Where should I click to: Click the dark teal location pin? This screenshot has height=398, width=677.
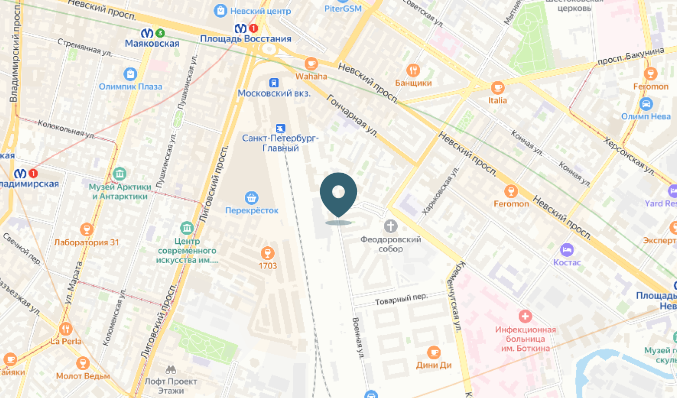[338, 194]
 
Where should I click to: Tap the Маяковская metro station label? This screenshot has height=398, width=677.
[152, 43]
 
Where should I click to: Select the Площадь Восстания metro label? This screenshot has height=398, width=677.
[245, 38]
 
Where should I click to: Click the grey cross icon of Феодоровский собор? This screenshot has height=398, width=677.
[391, 226]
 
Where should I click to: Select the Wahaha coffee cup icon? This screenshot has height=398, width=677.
[312, 63]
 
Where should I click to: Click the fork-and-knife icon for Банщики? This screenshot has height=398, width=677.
[413, 70]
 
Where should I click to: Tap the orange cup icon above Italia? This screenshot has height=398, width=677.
[497, 88]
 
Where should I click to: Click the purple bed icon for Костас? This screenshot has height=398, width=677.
[566, 249]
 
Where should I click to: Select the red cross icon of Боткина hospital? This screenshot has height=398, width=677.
[525, 316]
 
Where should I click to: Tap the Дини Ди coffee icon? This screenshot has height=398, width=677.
[434, 352]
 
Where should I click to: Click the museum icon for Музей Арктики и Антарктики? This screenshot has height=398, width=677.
[119, 174]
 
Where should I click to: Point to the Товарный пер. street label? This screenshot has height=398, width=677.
[401, 298]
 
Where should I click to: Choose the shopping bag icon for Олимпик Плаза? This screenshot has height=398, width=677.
[130, 74]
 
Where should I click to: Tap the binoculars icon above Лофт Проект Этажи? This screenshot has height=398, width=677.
[171, 370]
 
